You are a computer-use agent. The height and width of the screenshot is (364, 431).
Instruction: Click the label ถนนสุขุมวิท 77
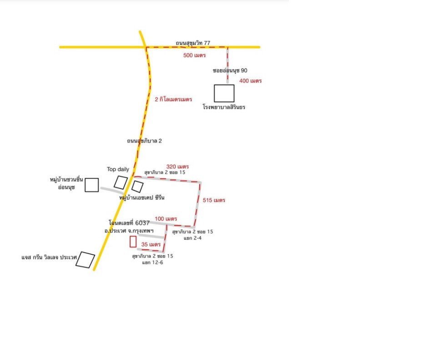193,43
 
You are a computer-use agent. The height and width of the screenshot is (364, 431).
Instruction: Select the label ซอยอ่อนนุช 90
230,71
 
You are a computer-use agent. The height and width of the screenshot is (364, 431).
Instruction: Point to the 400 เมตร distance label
251,81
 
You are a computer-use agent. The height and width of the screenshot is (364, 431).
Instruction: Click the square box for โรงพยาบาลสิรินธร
224,93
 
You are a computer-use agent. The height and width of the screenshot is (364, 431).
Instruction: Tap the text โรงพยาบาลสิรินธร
224,107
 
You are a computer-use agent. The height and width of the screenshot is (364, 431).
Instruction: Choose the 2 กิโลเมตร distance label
173,99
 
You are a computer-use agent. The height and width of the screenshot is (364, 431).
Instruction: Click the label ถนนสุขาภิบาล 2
145,141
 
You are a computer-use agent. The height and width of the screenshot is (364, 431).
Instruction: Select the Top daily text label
118,169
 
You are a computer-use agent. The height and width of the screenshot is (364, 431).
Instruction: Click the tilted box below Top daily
120,182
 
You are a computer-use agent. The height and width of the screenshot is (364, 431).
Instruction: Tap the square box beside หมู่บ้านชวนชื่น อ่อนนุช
91,185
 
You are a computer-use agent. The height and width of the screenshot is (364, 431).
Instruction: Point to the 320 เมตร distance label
177,167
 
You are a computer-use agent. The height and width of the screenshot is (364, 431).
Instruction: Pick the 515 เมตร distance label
214,200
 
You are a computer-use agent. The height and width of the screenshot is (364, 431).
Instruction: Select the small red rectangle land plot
133,242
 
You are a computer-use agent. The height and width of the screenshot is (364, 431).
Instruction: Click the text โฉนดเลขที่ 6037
129,223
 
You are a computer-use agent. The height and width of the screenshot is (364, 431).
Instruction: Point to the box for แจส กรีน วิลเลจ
85,259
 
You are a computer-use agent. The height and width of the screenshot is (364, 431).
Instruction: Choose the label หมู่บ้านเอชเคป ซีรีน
141,198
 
